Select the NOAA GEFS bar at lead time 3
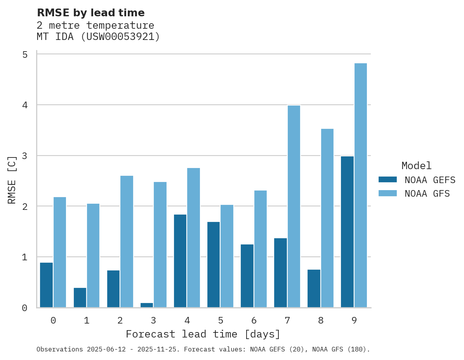coord(146,305)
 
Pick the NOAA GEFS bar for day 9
coord(347,232)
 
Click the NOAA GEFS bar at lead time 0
coord(46,285)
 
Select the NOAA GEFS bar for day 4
coord(180,261)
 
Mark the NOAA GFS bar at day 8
coord(327,218)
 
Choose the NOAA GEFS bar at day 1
coord(80,298)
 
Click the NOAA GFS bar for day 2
coord(127,242)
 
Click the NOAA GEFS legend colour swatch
coord(388,180)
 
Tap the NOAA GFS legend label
coord(427,194)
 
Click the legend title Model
coord(416,166)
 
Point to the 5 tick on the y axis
coord(25,55)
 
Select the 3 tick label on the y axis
coord(25,156)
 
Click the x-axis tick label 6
coord(254,321)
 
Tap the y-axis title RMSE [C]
coord(12,180)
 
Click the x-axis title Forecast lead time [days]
coord(203,334)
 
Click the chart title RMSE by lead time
coord(90,13)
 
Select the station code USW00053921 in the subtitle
coord(120,37)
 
